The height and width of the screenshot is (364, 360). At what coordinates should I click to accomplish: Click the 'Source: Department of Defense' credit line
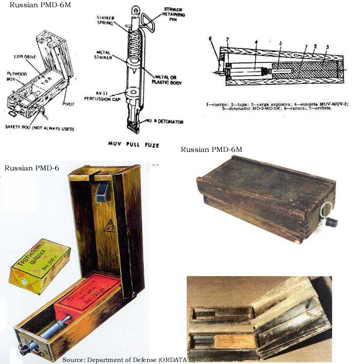(x=129, y=359)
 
